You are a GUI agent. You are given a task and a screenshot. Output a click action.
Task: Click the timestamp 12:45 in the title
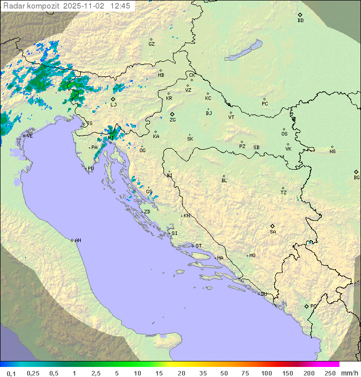pyautogui.click(x=120, y=6)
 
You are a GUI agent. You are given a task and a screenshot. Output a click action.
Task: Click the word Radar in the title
pyautogui.click(x=13, y=6)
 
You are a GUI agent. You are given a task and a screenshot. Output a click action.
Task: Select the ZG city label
pyautogui.click(x=172, y=120)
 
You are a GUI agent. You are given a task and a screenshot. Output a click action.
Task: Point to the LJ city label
pyautogui.click(x=113, y=104)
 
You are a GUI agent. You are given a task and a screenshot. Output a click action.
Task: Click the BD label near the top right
pyautogui.click(x=300, y=21)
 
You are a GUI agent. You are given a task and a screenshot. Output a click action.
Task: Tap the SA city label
pyautogui.click(x=273, y=231)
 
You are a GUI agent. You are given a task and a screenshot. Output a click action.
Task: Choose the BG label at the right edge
pyautogui.click(x=356, y=177)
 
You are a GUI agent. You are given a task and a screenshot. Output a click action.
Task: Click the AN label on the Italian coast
pyautogui.click(x=78, y=240)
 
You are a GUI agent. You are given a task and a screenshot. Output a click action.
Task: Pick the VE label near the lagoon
pyautogui.click(x=30, y=136)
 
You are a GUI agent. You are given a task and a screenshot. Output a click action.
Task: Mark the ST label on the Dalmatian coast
pyautogui.click(x=199, y=246)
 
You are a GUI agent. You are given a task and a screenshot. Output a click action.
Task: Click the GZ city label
pyautogui.click(x=151, y=44)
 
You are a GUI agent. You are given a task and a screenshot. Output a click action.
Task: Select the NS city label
pyautogui.click(x=332, y=152)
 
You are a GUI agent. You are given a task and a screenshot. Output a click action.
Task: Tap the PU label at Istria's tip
pyautogui.click(x=91, y=169)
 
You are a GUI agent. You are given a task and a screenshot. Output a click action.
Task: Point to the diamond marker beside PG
pyautogui.click(x=306, y=306)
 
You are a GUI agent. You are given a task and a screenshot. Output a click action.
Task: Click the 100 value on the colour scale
pyautogui.click(x=266, y=373)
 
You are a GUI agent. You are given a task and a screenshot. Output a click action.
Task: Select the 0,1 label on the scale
pyautogui.click(x=11, y=373)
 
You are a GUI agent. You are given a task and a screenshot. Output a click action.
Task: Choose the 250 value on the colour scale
pyautogui.click(x=330, y=373)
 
